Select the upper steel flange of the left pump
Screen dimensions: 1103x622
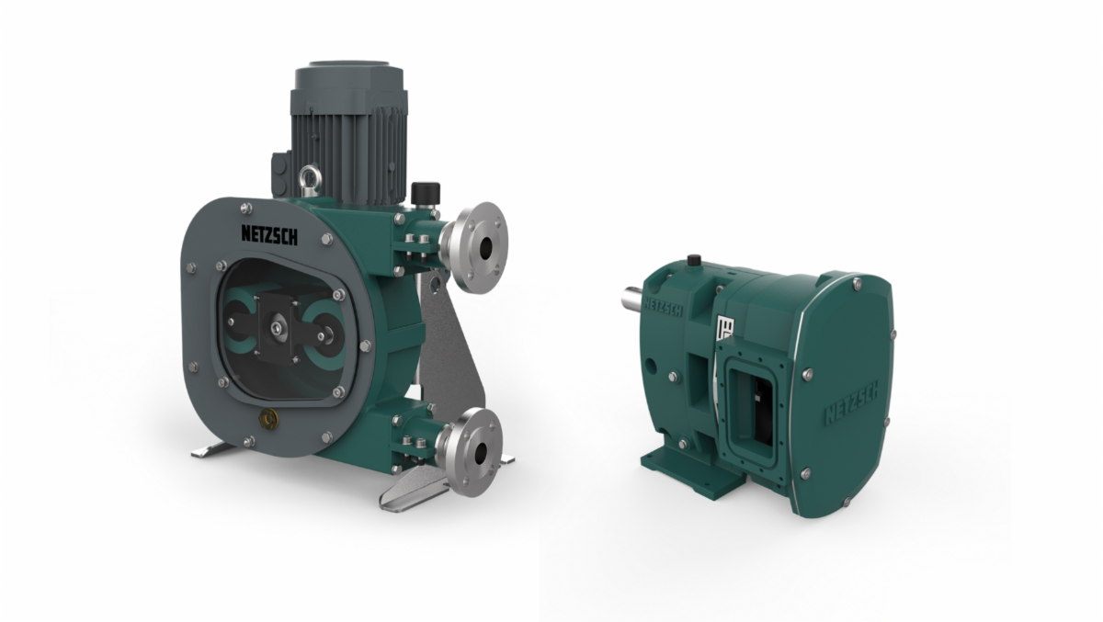473,247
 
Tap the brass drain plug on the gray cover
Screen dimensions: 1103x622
268,419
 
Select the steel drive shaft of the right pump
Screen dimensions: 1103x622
632,300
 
